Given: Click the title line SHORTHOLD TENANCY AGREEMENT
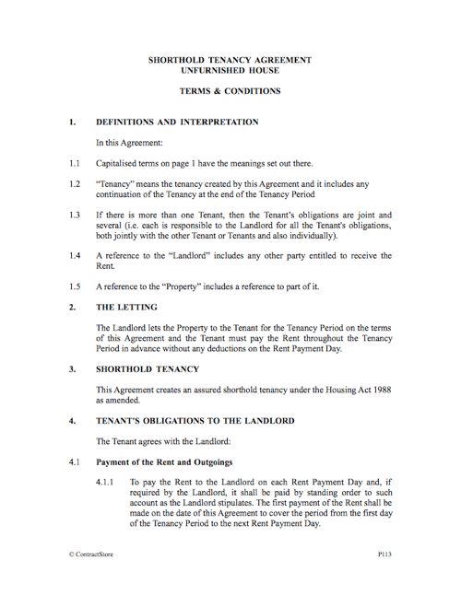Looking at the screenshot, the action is pos(230,60).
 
